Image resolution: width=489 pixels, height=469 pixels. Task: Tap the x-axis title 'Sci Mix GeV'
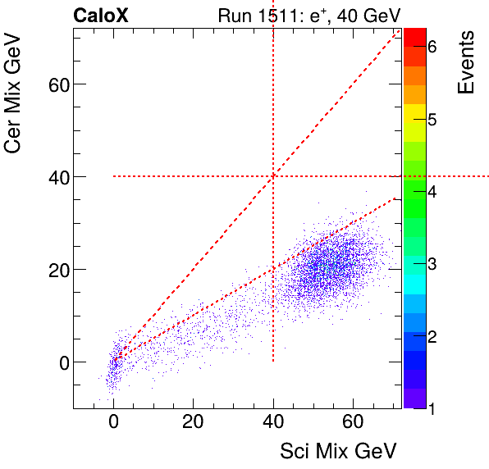click(339, 451)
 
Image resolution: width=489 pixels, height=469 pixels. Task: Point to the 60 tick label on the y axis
click(53, 84)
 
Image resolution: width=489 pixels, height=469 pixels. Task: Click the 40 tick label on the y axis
click(53, 177)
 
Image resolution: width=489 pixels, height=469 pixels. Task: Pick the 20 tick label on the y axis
click(53, 270)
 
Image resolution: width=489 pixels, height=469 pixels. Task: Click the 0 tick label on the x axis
click(113, 423)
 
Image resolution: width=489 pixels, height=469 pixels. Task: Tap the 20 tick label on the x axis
click(193, 423)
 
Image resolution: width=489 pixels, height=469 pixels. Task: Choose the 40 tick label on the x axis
click(273, 423)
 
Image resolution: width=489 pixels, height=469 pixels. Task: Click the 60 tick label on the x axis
click(353, 423)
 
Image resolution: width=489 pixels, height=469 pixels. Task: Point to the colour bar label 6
click(432, 48)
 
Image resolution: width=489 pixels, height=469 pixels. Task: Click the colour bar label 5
click(432, 120)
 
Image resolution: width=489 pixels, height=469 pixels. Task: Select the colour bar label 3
click(432, 264)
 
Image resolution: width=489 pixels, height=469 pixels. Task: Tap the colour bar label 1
click(432, 408)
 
